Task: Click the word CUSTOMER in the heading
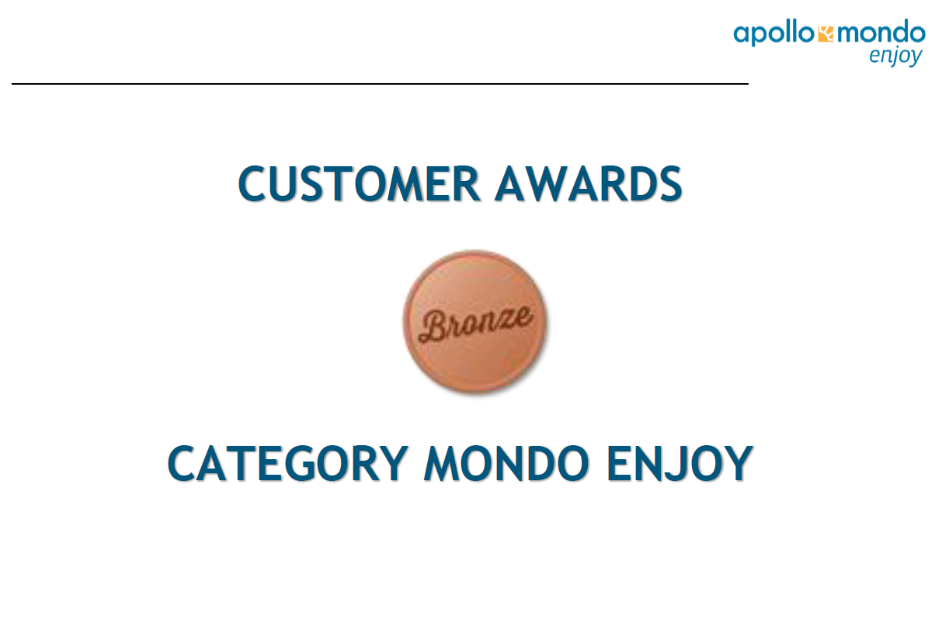tap(359, 183)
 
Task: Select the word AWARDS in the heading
tap(589, 183)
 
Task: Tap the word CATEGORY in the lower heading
tap(287, 463)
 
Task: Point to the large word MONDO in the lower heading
tap(506, 463)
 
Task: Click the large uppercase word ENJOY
tap(680, 463)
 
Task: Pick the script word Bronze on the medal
tap(476, 324)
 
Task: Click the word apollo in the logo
tap(773, 33)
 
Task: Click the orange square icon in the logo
tap(826, 34)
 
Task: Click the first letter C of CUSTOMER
tap(252, 183)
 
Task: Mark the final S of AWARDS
tap(669, 184)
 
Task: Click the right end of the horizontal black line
tap(748, 83)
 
